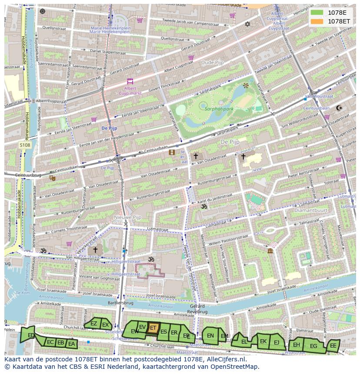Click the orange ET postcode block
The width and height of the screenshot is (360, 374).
click(153, 328)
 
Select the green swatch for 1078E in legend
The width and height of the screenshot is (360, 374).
click(317, 13)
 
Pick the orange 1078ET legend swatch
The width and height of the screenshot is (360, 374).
click(317, 21)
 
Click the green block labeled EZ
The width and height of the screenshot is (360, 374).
click(93, 324)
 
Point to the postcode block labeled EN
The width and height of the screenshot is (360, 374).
click(210, 336)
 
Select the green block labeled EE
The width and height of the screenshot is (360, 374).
click(333, 346)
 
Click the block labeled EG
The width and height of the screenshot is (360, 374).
click(313, 346)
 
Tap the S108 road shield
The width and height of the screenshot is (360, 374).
click(25, 145)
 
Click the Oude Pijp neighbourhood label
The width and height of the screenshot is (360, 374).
click(212, 63)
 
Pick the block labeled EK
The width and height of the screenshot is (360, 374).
click(263, 341)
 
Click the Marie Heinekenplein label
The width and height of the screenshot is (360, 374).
click(110, 30)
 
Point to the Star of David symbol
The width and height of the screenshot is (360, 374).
click(248, 24)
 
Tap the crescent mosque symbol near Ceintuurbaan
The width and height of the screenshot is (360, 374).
click(340, 108)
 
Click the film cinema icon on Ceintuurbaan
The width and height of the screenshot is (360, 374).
click(172, 152)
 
